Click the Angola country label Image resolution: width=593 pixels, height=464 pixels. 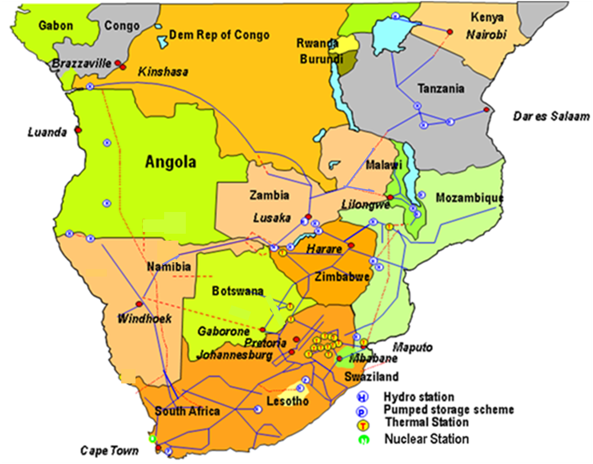coord(170,162)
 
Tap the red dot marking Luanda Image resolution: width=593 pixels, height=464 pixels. coord(78,130)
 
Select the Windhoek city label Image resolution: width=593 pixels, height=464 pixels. coord(145,319)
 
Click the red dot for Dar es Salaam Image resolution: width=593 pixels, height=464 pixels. coord(486,110)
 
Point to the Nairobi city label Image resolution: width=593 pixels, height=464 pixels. coord(486,35)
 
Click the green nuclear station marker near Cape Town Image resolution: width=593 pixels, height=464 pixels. coord(153,439)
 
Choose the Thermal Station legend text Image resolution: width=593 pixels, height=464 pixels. coord(427,422)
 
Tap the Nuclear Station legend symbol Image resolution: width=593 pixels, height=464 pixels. coord(362,439)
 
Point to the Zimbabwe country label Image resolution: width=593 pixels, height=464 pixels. coord(341,277)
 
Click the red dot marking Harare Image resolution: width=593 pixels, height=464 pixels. coord(351,246)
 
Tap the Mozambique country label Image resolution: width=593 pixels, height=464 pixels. coord(469,198)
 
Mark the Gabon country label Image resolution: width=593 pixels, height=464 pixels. coord(56,26)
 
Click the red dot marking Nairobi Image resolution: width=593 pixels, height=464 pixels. coord(450,31)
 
